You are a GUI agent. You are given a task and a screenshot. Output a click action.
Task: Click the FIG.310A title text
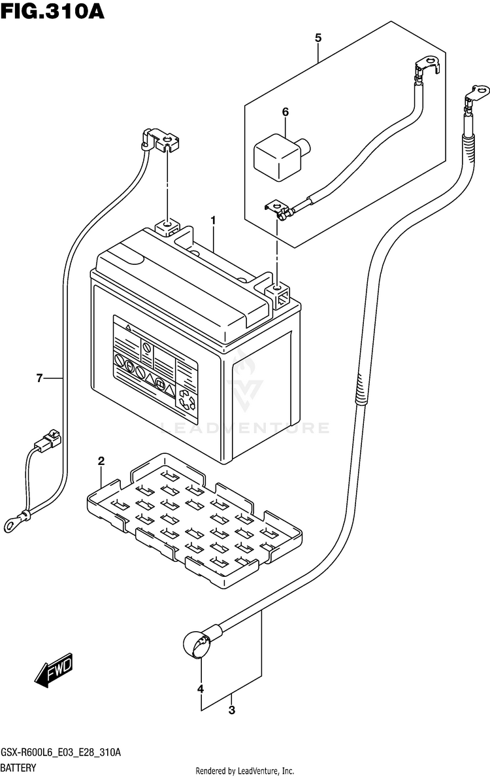(52, 11)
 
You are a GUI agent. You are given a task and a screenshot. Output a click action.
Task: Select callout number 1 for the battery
(214, 220)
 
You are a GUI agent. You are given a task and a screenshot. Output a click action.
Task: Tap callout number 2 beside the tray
(101, 461)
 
